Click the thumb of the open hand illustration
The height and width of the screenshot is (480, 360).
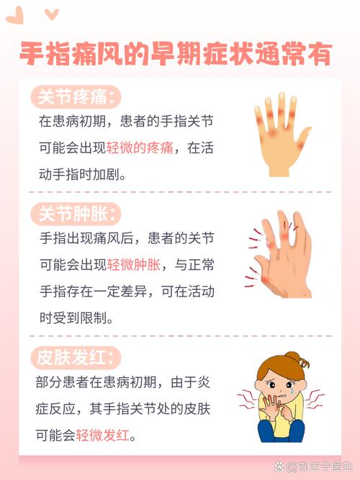(302, 136)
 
